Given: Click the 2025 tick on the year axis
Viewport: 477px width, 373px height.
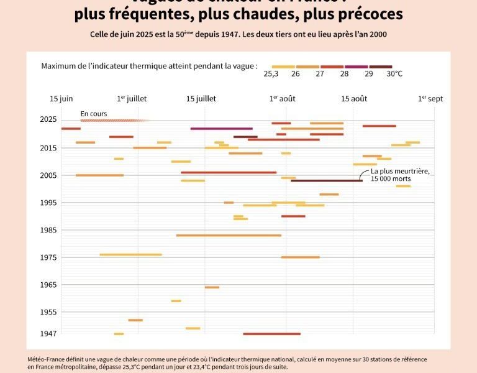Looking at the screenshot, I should [48, 120].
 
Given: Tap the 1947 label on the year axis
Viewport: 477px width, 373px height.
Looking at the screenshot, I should [48, 334].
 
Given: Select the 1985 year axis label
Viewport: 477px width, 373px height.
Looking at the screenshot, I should [48, 230].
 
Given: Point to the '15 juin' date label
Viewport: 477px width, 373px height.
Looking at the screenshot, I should [61, 99].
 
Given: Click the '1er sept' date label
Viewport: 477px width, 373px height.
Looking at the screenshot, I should [430, 99].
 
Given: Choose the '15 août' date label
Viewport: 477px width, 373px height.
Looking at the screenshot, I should [354, 99].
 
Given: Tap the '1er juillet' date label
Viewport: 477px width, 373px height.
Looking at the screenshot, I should [132, 99].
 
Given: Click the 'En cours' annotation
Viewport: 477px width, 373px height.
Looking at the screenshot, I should [94, 114].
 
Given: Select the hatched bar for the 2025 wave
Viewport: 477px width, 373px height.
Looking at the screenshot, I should [115, 121].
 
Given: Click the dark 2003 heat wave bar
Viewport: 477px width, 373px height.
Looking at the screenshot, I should [326, 181].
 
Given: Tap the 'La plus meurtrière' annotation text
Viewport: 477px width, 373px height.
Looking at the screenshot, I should [400, 172].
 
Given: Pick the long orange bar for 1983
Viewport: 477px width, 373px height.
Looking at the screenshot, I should [229, 236].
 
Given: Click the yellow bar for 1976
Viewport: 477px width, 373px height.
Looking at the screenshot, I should [130, 255].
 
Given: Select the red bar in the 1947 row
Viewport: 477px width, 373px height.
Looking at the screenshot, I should [271, 334].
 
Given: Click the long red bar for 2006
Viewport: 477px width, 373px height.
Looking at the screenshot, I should [229, 172].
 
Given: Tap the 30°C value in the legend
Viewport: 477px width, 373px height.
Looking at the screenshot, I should [394, 74].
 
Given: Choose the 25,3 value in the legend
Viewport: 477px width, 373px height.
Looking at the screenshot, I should [271, 74].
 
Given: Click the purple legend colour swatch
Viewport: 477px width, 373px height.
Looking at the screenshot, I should [356, 67].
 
